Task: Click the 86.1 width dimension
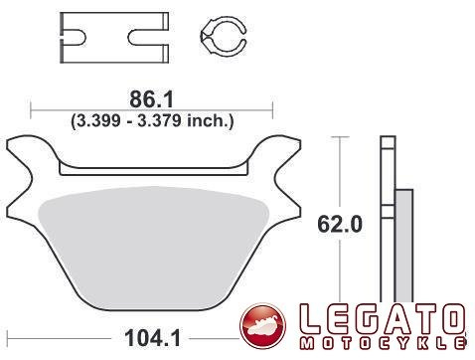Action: pyautogui.click(x=151, y=99)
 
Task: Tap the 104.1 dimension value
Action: pyautogui.click(x=153, y=338)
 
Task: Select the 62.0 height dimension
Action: pyautogui.click(x=340, y=225)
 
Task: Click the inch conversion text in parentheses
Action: pyautogui.click(x=152, y=120)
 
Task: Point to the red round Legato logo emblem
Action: pyautogui.click(x=263, y=326)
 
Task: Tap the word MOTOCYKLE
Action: pyautogui.click(x=383, y=343)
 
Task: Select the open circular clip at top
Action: pyautogui.click(x=224, y=36)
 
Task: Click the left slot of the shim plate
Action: pyautogui.click(x=75, y=38)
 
